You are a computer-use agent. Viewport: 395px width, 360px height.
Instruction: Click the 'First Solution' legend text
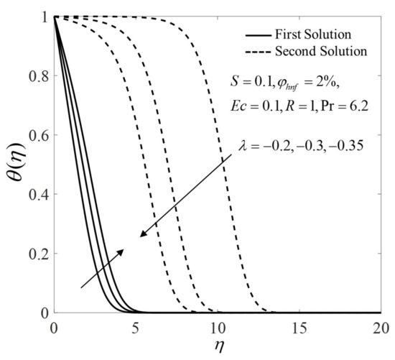(x=313, y=34)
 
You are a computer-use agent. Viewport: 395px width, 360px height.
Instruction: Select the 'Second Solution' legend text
(x=321, y=51)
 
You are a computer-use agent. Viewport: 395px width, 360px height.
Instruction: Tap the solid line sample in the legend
(x=259, y=35)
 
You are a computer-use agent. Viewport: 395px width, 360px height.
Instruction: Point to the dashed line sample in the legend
(x=259, y=52)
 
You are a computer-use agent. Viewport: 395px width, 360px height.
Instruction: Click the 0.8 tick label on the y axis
(x=38, y=76)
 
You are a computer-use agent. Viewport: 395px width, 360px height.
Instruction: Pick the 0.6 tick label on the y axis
(x=38, y=135)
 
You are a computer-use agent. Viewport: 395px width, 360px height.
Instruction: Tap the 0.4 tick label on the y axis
(x=38, y=195)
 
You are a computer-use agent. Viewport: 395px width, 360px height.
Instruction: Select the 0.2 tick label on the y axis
(x=38, y=254)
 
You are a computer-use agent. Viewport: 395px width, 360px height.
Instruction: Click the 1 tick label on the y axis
(x=45, y=17)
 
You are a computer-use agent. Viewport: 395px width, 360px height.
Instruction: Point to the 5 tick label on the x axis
(x=136, y=328)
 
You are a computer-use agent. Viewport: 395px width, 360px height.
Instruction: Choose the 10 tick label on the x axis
(x=218, y=328)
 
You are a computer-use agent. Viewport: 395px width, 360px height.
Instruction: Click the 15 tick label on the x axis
(x=299, y=328)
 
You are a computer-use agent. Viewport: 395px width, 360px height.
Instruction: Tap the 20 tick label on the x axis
(x=381, y=328)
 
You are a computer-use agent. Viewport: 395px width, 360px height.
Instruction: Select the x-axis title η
(x=218, y=346)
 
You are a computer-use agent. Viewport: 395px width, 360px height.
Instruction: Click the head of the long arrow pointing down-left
(x=141, y=236)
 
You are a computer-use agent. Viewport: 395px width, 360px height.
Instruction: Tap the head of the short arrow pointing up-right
(x=123, y=250)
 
